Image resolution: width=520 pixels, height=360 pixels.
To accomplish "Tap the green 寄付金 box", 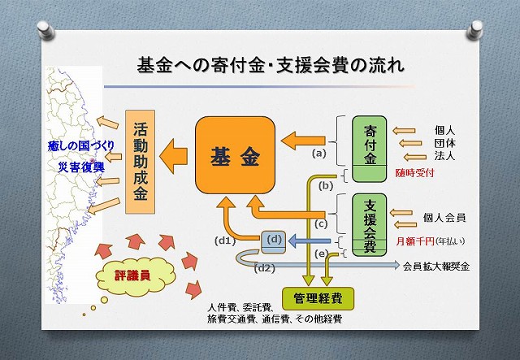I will tap(370, 144).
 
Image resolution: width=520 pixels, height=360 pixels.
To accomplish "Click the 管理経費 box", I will tap(312, 298).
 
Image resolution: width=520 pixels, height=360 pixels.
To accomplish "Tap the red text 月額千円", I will tap(413, 241).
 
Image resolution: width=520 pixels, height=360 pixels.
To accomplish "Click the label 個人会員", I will tap(444, 218).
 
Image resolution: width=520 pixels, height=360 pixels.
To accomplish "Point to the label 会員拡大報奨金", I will tap(436, 266).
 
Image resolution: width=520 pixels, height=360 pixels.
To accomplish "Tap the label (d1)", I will tap(224, 241).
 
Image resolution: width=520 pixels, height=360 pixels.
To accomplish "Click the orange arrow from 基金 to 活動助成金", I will tap(175, 150).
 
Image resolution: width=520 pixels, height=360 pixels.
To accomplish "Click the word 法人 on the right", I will tap(445, 156).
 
